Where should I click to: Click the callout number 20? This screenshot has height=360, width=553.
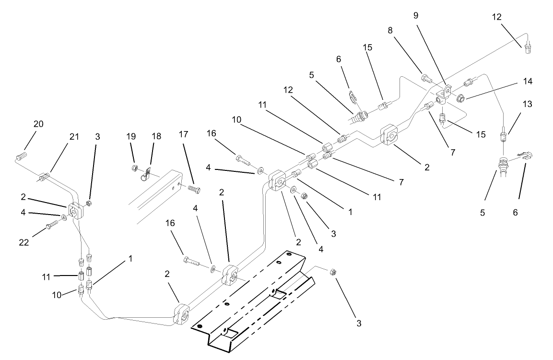point(38,124)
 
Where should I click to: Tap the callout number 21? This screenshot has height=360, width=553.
point(74,137)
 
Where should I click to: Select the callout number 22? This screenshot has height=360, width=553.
point(24,242)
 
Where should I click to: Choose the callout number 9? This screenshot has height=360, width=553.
point(416,15)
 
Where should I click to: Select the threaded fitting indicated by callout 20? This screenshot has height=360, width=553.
point(21,156)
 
